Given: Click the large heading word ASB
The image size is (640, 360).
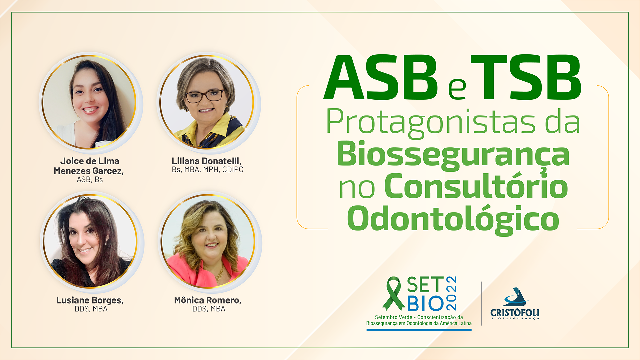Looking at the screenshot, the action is click(380, 77).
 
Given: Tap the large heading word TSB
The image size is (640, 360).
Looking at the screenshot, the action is click(526, 77).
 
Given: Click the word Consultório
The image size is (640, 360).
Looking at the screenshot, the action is click(476, 186).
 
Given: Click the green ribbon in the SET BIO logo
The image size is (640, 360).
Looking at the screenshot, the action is click(394, 294).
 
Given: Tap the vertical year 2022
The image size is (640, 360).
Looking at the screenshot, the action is click(451, 293).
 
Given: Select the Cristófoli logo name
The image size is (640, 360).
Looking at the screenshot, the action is click(515, 313).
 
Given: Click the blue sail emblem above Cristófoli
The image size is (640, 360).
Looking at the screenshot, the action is click(515, 297).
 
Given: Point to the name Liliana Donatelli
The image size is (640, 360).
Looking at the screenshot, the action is click(207, 161).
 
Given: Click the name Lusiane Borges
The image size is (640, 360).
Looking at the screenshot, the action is click(90, 300).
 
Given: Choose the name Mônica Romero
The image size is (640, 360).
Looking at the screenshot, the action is click(208, 300).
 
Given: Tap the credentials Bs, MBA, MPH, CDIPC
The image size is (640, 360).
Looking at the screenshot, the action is click(208, 170).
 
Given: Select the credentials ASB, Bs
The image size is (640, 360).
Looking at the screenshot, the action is click(90, 180).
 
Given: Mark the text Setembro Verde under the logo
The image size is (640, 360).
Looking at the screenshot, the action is click(393, 317).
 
